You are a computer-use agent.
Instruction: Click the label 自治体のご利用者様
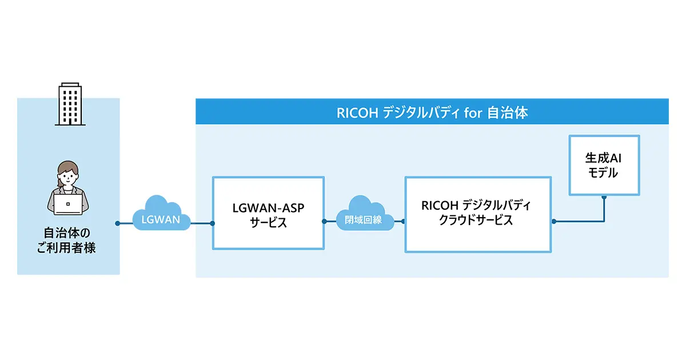(69, 241)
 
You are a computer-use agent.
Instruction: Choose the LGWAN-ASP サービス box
(268, 213)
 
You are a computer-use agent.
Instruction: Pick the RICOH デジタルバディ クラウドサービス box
(478, 214)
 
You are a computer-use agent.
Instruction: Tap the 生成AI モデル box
(604, 166)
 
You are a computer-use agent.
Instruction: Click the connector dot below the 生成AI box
(604, 197)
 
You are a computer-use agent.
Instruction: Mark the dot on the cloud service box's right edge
(553, 221)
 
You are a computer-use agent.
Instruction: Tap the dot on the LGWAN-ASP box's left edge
(212, 223)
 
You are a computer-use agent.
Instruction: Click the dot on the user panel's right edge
(117, 223)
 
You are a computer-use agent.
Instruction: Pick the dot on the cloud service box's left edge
(404, 221)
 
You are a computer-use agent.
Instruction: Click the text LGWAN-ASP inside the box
(268, 207)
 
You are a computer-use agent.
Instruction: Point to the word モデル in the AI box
(603, 173)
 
